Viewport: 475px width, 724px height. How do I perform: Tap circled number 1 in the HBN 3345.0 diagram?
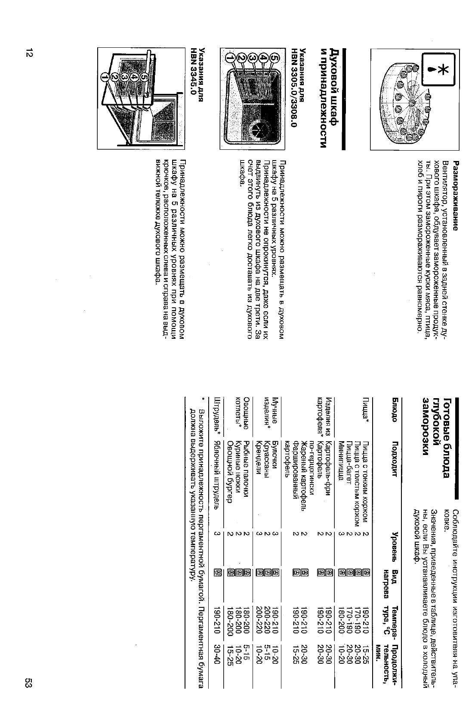pos(104,77)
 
